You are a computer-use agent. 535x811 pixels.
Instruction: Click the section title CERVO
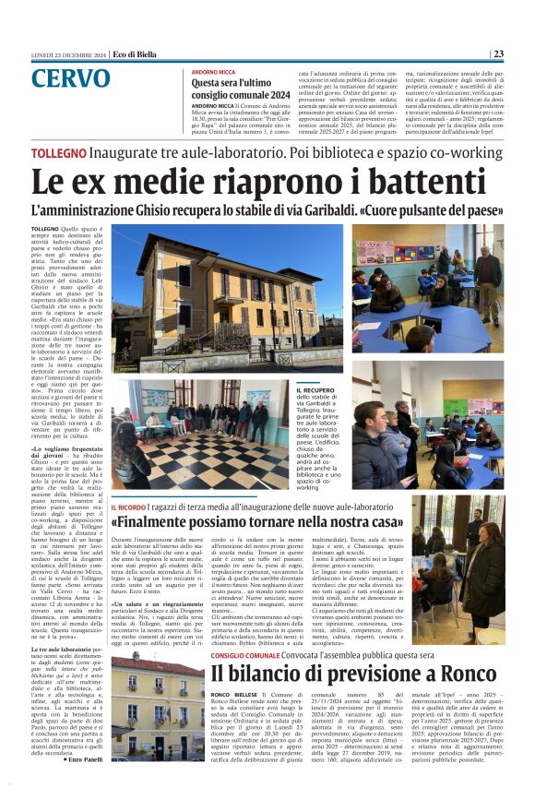(x=70, y=78)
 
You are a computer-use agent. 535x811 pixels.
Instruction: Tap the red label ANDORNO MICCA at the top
(x=213, y=72)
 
